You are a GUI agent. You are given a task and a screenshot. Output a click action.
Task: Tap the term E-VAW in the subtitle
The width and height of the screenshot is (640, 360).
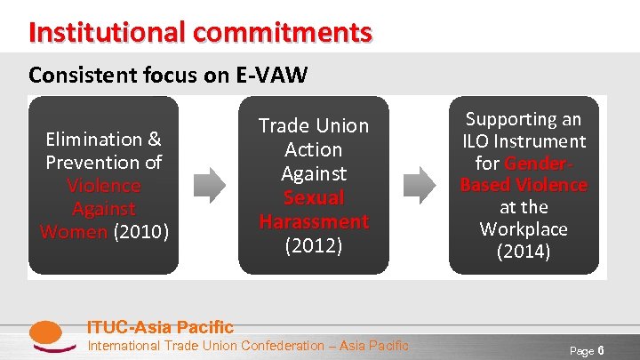click(271, 76)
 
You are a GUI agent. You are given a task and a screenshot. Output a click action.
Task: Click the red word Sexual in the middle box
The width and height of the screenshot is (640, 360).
click(313, 197)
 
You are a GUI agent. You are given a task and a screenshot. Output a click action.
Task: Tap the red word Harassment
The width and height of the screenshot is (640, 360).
click(313, 220)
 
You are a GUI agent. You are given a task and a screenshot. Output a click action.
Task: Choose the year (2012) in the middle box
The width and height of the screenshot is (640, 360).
click(313, 245)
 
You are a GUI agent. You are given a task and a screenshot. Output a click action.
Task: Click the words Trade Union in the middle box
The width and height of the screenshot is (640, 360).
click(313, 126)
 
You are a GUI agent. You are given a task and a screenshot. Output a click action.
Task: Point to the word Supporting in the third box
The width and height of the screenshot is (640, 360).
click(524, 118)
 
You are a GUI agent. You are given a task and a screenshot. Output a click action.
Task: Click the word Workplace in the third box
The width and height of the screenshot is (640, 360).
click(524, 229)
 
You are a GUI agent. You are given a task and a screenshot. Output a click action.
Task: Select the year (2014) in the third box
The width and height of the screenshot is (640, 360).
click(524, 252)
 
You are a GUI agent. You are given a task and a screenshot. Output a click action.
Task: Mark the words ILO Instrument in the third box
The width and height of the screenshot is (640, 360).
click(524, 140)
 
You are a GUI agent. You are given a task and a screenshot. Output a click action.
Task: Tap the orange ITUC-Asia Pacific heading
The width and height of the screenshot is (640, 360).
click(160, 327)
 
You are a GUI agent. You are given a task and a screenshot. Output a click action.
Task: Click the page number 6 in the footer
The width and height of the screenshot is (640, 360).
click(601, 350)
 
